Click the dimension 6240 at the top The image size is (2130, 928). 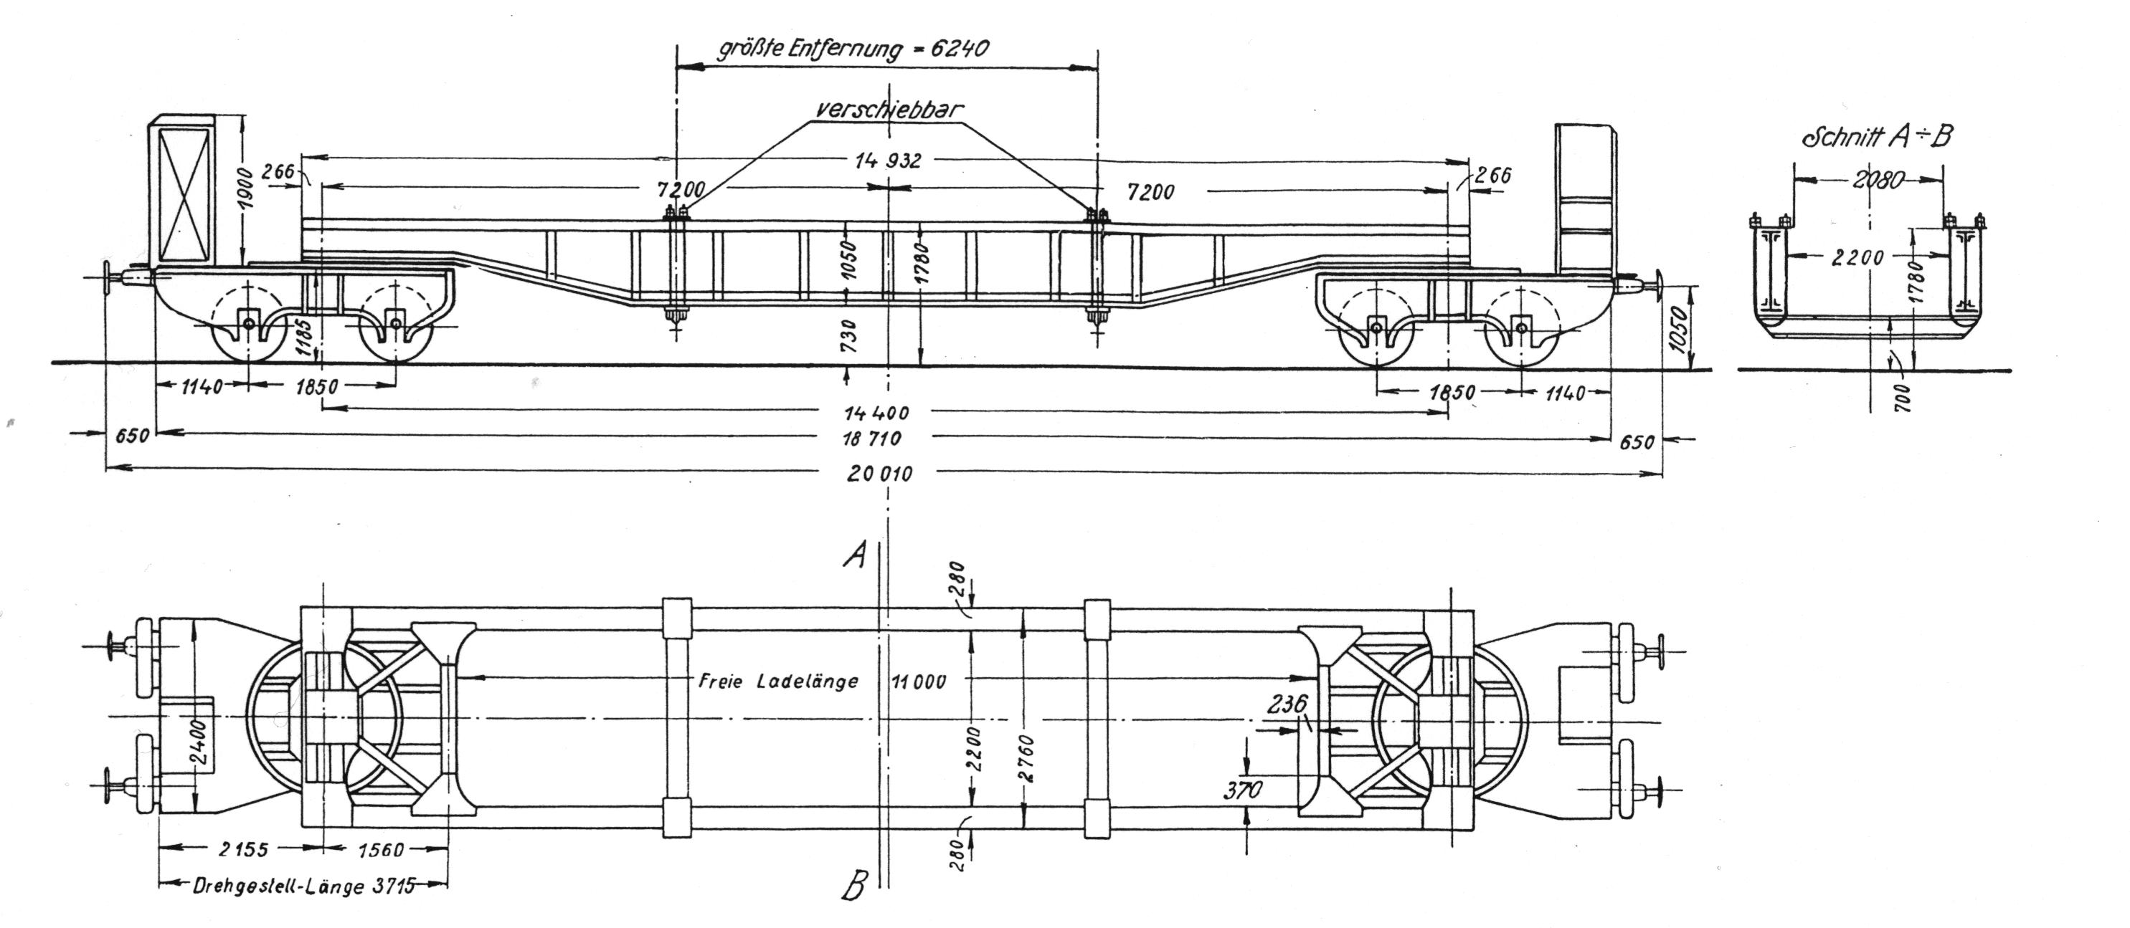[960, 48]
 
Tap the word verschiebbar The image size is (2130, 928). [889, 110]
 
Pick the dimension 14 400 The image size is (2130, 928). [876, 412]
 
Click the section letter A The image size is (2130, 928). [854, 555]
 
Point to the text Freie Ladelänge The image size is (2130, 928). [778, 681]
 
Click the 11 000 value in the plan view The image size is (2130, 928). [919, 681]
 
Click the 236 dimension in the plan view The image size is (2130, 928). [1288, 705]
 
